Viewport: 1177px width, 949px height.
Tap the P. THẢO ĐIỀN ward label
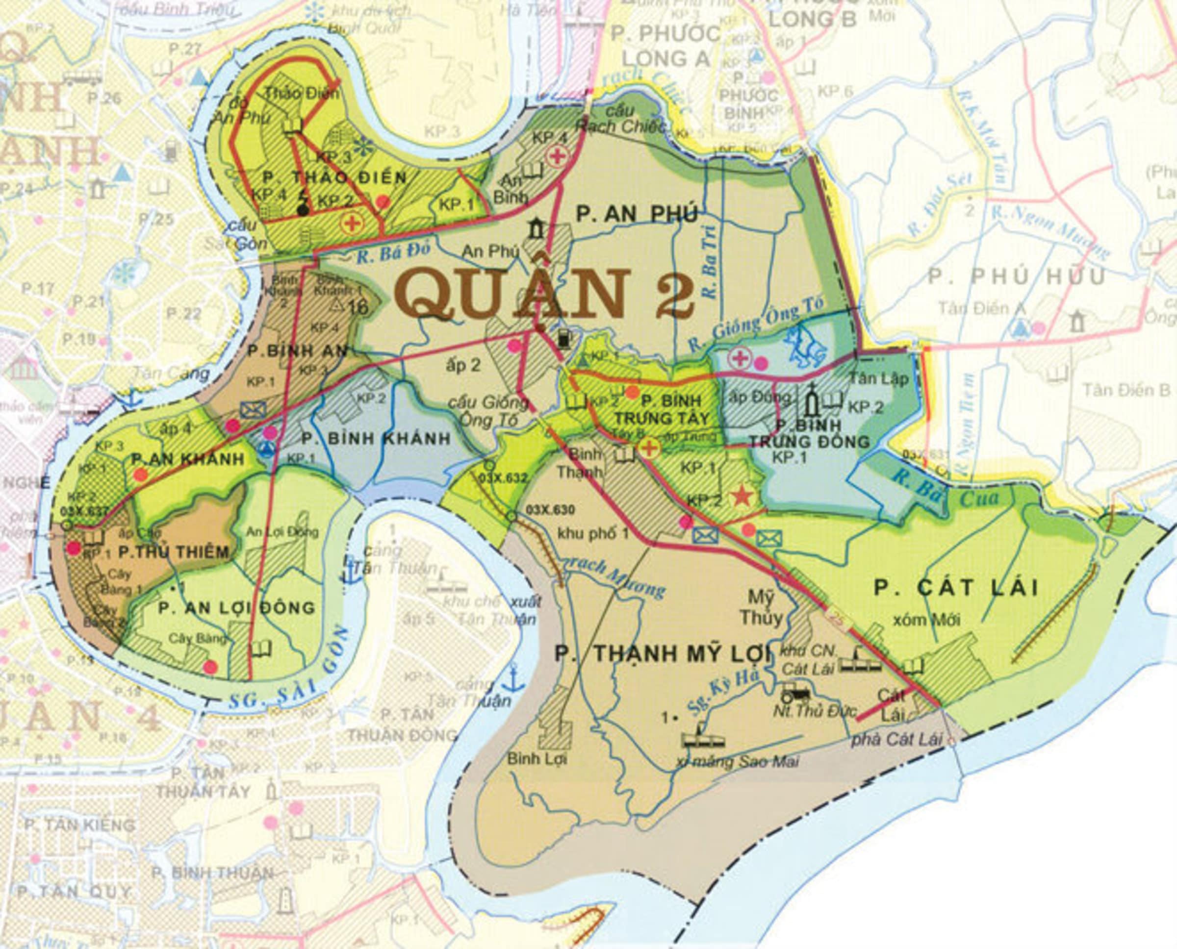(335, 177)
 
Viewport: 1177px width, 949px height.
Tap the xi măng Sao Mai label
(736, 761)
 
